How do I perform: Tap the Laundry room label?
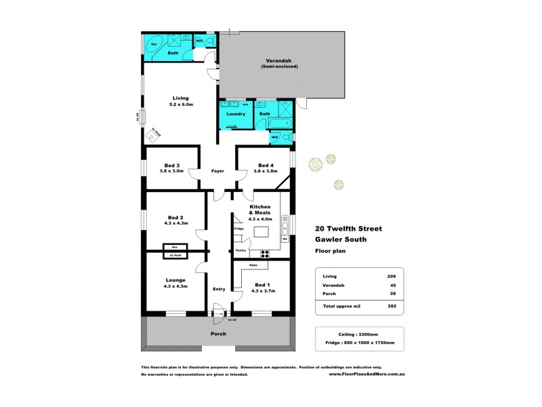[236, 114]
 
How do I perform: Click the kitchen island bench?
[262, 233]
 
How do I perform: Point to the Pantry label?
[241, 250]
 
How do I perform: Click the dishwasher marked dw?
[285, 239]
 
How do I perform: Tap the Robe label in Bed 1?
[253, 265]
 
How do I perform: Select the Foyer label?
[217, 171]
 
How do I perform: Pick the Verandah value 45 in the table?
[391, 286]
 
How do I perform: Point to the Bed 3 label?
[172, 166]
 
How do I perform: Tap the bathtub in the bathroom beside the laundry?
[279, 123]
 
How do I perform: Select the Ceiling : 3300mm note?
[360, 335]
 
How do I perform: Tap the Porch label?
[218, 334]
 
